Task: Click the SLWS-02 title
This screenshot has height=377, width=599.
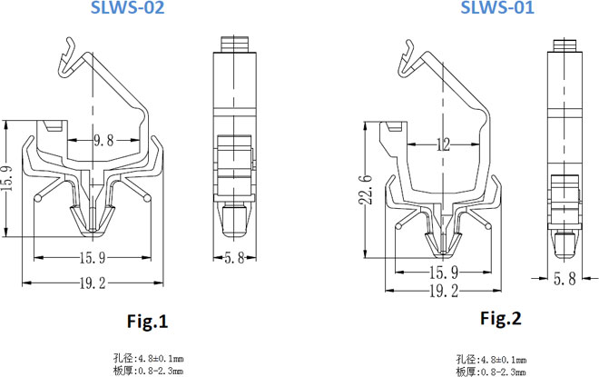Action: coord(127,7)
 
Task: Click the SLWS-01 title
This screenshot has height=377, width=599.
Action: coord(497,7)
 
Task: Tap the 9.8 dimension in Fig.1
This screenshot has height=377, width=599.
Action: coord(103,140)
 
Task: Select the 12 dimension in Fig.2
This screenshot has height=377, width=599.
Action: coord(443,144)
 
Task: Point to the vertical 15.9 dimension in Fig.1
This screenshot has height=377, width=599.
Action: coord(8,179)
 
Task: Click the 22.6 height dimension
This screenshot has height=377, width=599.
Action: coord(366,190)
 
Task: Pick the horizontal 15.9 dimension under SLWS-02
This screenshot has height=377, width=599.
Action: coord(93,258)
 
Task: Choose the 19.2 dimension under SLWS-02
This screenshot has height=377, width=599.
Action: coord(93,283)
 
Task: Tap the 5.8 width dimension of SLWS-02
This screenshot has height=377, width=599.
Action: coord(234,258)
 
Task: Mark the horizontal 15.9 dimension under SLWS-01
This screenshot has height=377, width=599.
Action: coord(444,273)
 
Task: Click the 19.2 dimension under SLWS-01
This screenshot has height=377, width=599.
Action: coord(444,291)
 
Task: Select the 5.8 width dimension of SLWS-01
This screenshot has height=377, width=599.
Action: coord(565,279)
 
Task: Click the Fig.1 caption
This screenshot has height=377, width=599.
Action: coord(147,322)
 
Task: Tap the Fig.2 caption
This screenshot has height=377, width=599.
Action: coord(501,318)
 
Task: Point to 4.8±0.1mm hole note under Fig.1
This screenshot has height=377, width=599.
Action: coord(161,359)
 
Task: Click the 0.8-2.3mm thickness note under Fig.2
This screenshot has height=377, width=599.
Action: coord(503,372)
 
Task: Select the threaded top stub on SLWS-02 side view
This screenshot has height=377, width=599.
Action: coord(235,44)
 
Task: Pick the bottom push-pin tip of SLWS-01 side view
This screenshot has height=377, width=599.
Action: coord(565,245)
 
